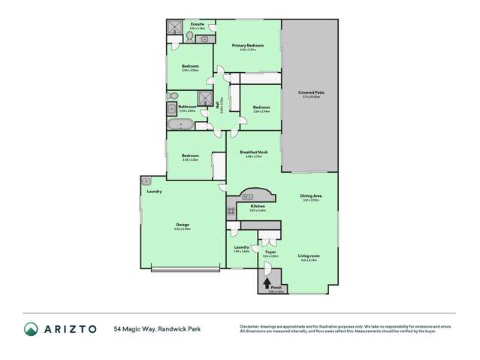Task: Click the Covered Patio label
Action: (x=309, y=92)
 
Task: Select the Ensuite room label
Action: (x=198, y=25)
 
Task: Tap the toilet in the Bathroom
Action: (x=172, y=95)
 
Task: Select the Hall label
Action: (x=218, y=107)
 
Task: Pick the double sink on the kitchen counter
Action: (x=246, y=195)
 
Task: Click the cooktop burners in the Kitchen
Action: (x=231, y=211)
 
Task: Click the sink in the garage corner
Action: (x=146, y=181)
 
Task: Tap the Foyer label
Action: (x=270, y=252)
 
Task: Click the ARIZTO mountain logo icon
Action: (x=31, y=328)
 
